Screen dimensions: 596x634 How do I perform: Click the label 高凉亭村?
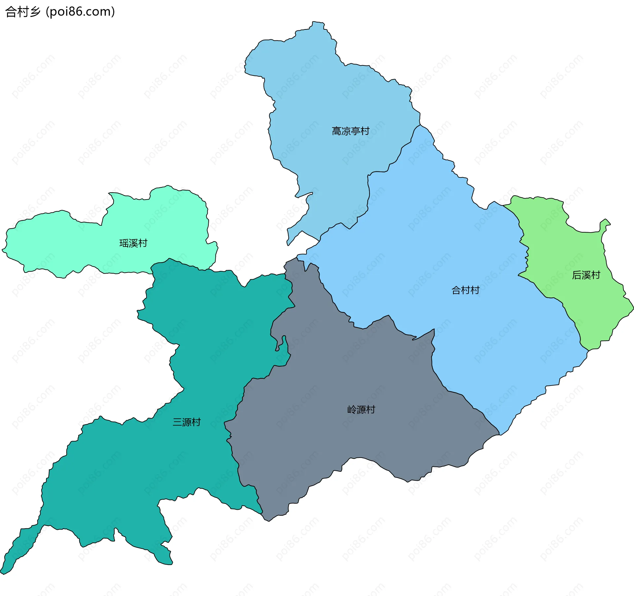point(350,131)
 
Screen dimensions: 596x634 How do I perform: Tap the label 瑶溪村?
point(133,243)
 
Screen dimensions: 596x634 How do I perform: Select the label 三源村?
point(187,422)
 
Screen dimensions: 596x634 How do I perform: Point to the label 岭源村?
point(361,410)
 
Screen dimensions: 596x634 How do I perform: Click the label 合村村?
point(465,290)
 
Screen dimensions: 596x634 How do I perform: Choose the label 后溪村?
point(586,275)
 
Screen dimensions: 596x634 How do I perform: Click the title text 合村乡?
point(22,12)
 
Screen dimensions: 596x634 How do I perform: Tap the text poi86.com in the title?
point(80,12)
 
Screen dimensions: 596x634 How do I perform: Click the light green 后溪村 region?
point(575,297)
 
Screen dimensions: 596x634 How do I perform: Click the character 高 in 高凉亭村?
point(336,131)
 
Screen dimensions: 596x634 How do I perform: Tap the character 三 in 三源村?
point(177,422)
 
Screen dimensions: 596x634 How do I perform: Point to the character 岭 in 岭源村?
point(352,410)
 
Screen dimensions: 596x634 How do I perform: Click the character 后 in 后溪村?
point(577,275)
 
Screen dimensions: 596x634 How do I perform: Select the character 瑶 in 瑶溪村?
point(124,243)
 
